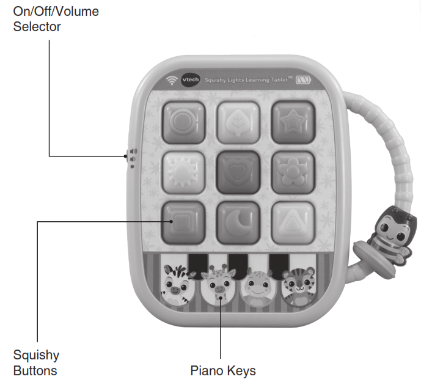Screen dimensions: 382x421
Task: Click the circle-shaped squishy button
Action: [x=181, y=121]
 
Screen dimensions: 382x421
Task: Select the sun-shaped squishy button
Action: [x=181, y=171]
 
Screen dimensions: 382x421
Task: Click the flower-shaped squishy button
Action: [x=293, y=171]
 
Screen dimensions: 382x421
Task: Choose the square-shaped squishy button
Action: [x=181, y=221]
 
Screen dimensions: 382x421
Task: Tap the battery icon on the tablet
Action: [x=303, y=79]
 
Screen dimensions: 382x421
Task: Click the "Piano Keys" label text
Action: [x=222, y=370]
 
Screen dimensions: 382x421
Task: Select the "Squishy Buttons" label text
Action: [x=35, y=362]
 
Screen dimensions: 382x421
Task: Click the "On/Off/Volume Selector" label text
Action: [x=56, y=19]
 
